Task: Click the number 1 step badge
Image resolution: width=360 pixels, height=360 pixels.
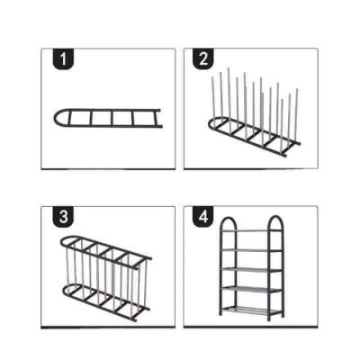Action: pyautogui.click(x=63, y=59)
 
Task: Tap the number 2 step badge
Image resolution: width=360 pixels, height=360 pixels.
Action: pyautogui.click(x=203, y=58)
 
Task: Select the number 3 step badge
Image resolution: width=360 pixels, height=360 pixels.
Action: pyautogui.click(x=63, y=217)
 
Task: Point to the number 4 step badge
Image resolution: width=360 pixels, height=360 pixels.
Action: pyautogui.click(x=203, y=216)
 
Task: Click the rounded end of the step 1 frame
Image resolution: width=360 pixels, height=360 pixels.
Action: pyautogui.click(x=55, y=118)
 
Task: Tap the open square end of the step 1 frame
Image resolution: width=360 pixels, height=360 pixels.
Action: pyautogui.click(x=158, y=118)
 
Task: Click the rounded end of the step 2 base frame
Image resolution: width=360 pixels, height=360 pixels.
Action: pyautogui.click(x=210, y=123)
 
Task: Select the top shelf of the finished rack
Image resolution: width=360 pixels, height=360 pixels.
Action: pyautogui.click(x=251, y=230)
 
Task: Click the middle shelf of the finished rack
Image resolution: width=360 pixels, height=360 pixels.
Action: pyautogui.click(x=251, y=269)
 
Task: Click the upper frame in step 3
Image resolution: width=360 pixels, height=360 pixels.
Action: pyautogui.click(x=106, y=249)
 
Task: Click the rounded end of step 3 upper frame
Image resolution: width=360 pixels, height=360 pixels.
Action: pyautogui.click(x=63, y=241)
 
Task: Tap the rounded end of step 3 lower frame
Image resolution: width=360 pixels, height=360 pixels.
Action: pyautogui.click(x=64, y=290)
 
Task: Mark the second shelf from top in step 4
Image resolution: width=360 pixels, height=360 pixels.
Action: pyautogui.click(x=251, y=250)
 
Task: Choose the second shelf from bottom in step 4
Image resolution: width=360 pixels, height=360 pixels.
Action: pyautogui.click(x=251, y=289)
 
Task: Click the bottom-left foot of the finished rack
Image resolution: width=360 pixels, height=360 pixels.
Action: pyautogui.click(x=220, y=313)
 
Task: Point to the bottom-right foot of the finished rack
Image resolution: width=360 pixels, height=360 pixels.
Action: pyautogui.click(x=283, y=316)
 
